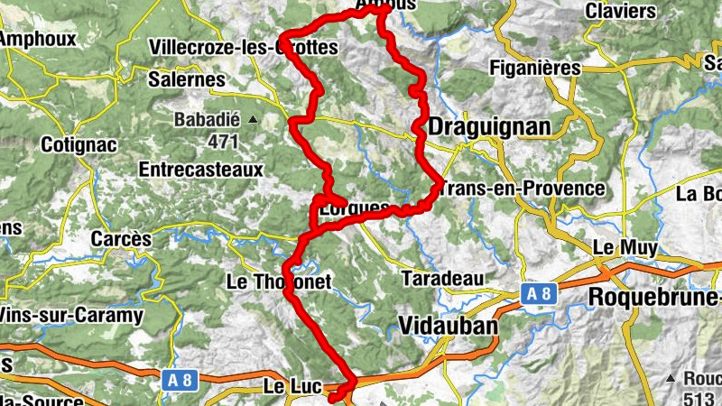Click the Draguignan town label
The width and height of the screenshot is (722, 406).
488,128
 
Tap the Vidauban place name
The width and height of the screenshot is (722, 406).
447,326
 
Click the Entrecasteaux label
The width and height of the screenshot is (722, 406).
200,169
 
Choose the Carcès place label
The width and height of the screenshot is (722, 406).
122,239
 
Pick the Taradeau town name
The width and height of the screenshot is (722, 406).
443,277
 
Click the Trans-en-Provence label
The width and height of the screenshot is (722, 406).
523,189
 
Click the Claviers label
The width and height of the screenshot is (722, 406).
620,11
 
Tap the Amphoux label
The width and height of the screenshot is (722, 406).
38,40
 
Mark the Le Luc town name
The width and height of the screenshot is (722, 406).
292,386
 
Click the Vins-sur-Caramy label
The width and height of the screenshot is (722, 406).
72,316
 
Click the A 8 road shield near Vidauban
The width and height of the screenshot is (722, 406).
541,293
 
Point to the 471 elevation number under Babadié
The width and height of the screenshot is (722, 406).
222,141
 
